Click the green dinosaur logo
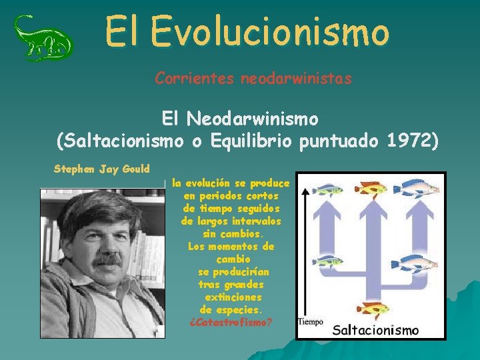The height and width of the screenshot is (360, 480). [x=43, y=38]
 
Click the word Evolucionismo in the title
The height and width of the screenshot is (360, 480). [x=269, y=31]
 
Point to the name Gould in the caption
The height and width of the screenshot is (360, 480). [x=135, y=169]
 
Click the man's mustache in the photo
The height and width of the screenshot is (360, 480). [x=107, y=260]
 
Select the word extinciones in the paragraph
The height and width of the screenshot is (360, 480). [x=233, y=297]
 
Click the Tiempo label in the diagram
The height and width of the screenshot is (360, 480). [x=310, y=322]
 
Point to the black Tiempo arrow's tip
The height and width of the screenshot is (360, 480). [x=305, y=189]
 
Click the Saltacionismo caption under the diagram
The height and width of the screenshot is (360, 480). [x=375, y=329]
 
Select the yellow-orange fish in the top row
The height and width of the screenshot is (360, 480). [x=370, y=189]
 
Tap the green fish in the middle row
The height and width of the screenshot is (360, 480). [x=327, y=261]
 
